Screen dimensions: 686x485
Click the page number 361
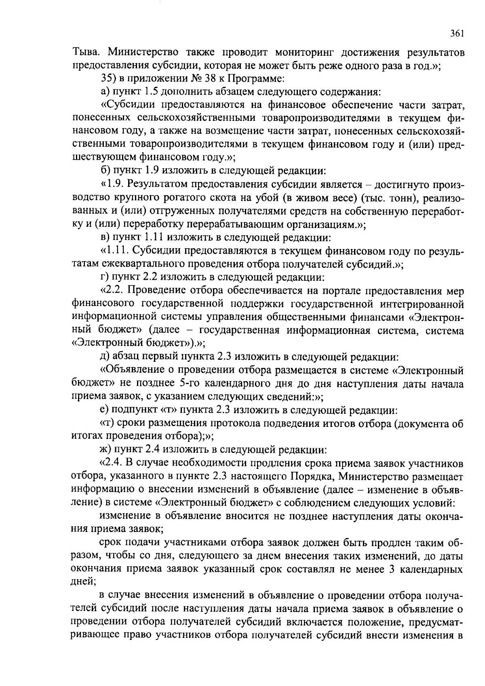coord(457,34)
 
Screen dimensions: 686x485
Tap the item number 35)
coord(108,79)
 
